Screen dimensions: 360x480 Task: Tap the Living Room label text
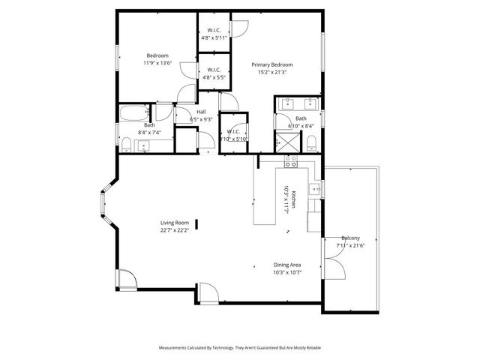click(x=174, y=223)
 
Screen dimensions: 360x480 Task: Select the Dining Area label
click(x=287, y=265)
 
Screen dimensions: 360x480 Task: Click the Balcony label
click(x=351, y=238)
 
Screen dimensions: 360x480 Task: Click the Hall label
click(x=201, y=112)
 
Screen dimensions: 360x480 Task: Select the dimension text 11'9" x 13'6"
click(x=157, y=63)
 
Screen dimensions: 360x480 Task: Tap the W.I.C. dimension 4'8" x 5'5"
click(x=213, y=77)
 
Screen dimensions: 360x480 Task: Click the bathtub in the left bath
click(x=134, y=113)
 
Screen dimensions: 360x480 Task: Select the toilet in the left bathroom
click(x=126, y=143)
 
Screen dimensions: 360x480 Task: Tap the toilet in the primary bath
click(x=314, y=142)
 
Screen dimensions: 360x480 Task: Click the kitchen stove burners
click(x=291, y=160)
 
